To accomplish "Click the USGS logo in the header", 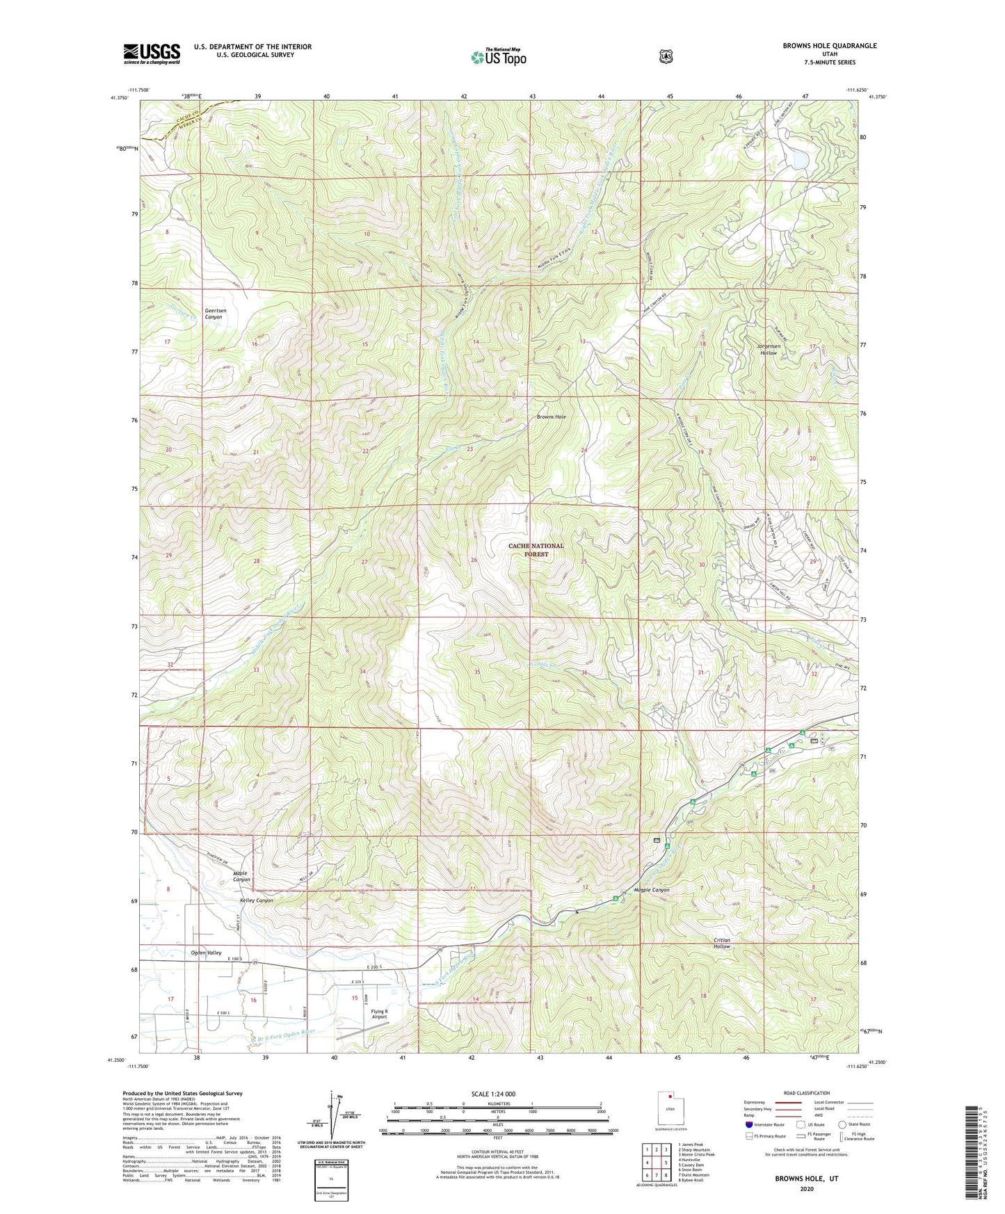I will [152, 54].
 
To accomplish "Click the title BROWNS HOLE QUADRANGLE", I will [829, 46].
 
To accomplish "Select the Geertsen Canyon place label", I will [214, 314].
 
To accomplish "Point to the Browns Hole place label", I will [551, 416].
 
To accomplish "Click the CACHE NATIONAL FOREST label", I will [536, 550].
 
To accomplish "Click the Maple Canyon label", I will [241, 876].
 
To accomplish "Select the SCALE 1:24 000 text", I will [493, 1094].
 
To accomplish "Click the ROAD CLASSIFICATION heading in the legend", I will [806, 1093].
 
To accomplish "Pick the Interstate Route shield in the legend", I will [749, 1124].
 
